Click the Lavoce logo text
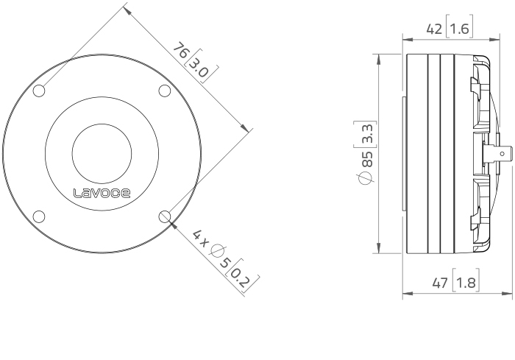click(x=102, y=193)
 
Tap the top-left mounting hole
click(x=39, y=91)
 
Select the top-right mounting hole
click(x=165, y=91)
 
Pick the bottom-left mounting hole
click(x=39, y=216)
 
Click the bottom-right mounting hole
click(x=165, y=216)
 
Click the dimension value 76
click(x=181, y=50)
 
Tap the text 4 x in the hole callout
click(x=201, y=239)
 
